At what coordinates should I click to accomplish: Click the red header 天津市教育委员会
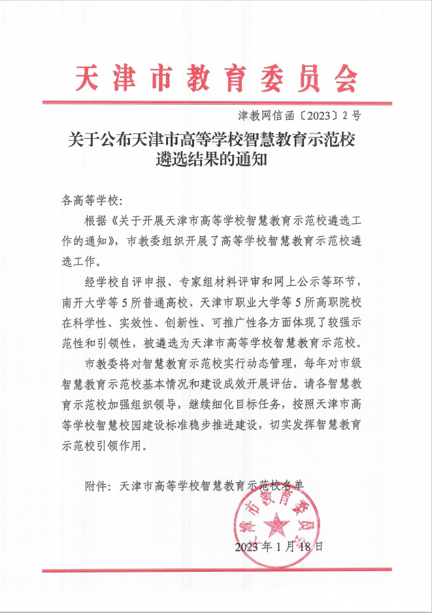tap(216, 79)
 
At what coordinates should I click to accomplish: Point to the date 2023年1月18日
tap(279, 546)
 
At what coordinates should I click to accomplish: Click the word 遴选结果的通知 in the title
tap(216, 160)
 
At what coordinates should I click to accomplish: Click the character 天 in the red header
tap(86, 79)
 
